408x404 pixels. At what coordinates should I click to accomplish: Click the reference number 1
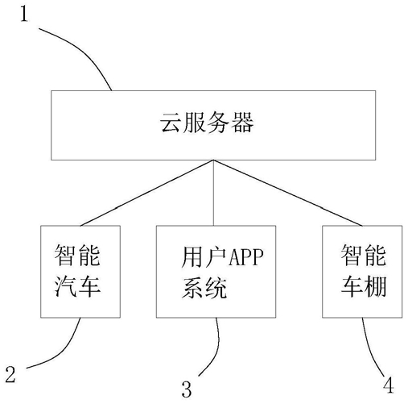click(x=24, y=14)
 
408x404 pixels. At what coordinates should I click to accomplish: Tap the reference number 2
click(x=10, y=374)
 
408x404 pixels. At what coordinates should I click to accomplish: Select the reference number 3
click(x=187, y=389)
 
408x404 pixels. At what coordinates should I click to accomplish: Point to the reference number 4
click(x=389, y=385)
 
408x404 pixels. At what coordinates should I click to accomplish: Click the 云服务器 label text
click(x=207, y=123)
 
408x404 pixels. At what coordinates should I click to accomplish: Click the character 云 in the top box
click(x=171, y=123)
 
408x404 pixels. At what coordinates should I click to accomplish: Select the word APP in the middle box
click(x=245, y=256)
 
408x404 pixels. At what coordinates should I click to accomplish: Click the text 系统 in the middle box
click(x=204, y=288)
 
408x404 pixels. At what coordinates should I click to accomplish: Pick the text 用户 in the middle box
click(x=204, y=256)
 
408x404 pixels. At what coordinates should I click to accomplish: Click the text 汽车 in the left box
click(x=77, y=286)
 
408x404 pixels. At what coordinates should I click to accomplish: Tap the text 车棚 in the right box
click(x=364, y=286)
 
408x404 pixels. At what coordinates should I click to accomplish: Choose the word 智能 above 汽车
click(x=77, y=255)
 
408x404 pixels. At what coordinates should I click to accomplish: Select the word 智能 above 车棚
click(x=364, y=255)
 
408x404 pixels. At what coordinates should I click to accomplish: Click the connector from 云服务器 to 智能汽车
click(x=146, y=193)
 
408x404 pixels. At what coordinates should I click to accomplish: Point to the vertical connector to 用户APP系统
click(x=213, y=193)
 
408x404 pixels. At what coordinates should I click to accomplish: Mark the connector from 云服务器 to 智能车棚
click(x=288, y=193)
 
